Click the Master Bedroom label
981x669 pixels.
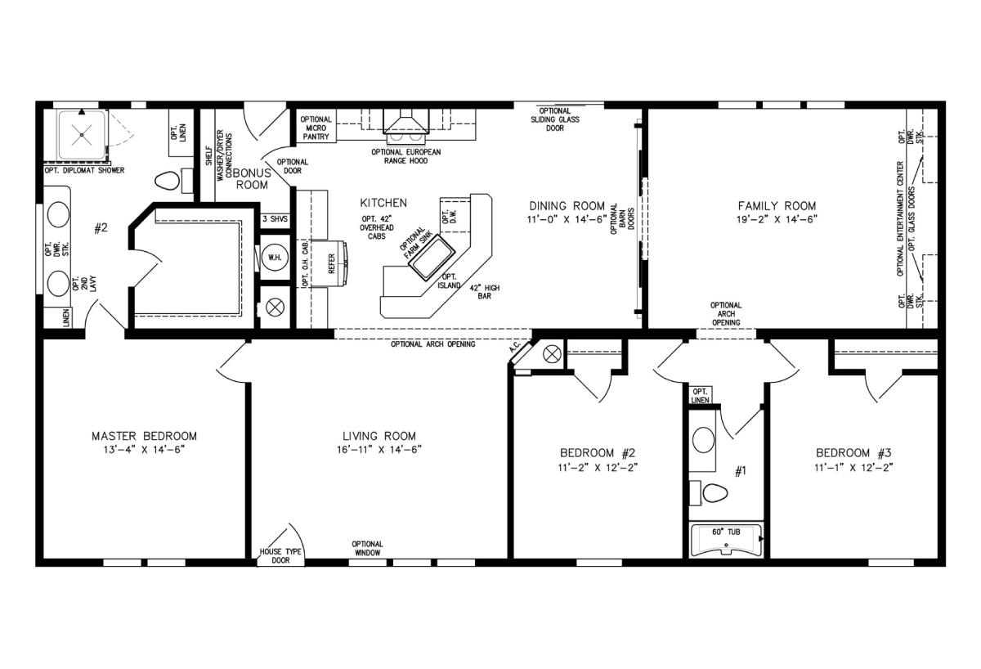(x=144, y=436)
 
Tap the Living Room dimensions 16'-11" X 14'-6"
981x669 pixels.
(x=379, y=450)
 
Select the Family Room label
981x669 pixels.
(x=777, y=206)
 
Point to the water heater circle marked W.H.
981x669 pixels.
(x=275, y=257)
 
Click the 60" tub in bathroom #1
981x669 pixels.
(x=726, y=541)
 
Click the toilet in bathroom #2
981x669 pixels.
(x=168, y=181)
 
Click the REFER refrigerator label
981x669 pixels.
(x=331, y=263)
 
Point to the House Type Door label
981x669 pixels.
(x=280, y=556)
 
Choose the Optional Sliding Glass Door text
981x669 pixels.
(x=555, y=119)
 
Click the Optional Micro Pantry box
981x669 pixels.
(x=316, y=128)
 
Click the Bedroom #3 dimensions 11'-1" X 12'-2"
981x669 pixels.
(x=853, y=468)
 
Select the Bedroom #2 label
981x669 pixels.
(x=598, y=452)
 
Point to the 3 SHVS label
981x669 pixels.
(x=275, y=218)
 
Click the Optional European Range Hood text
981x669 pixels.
(x=406, y=156)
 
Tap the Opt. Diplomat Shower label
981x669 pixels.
(x=84, y=170)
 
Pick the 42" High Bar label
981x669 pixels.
(x=484, y=292)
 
